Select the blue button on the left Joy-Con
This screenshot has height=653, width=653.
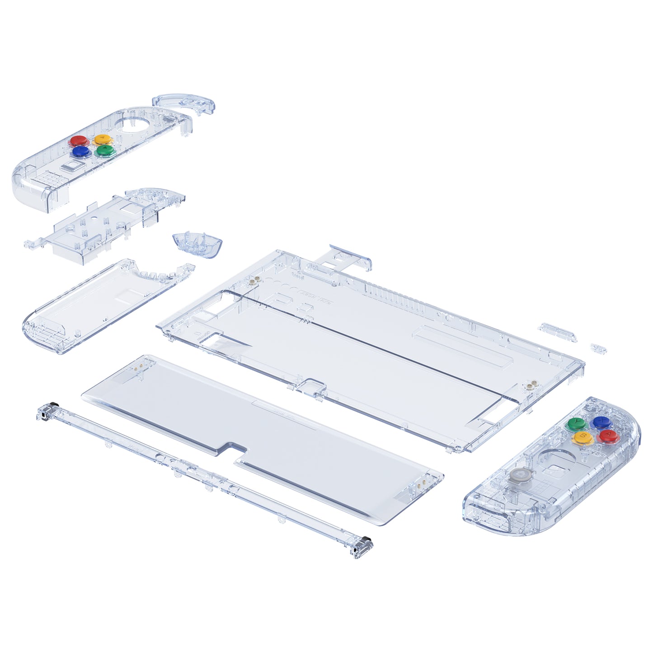(x=80, y=151)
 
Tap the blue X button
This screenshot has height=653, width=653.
(x=601, y=423)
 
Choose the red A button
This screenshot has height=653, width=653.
(x=607, y=436)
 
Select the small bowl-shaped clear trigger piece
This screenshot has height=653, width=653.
(x=197, y=244)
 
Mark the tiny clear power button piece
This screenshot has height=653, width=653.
(x=598, y=348)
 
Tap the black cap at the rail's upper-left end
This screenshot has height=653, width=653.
(x=54, y=404)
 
